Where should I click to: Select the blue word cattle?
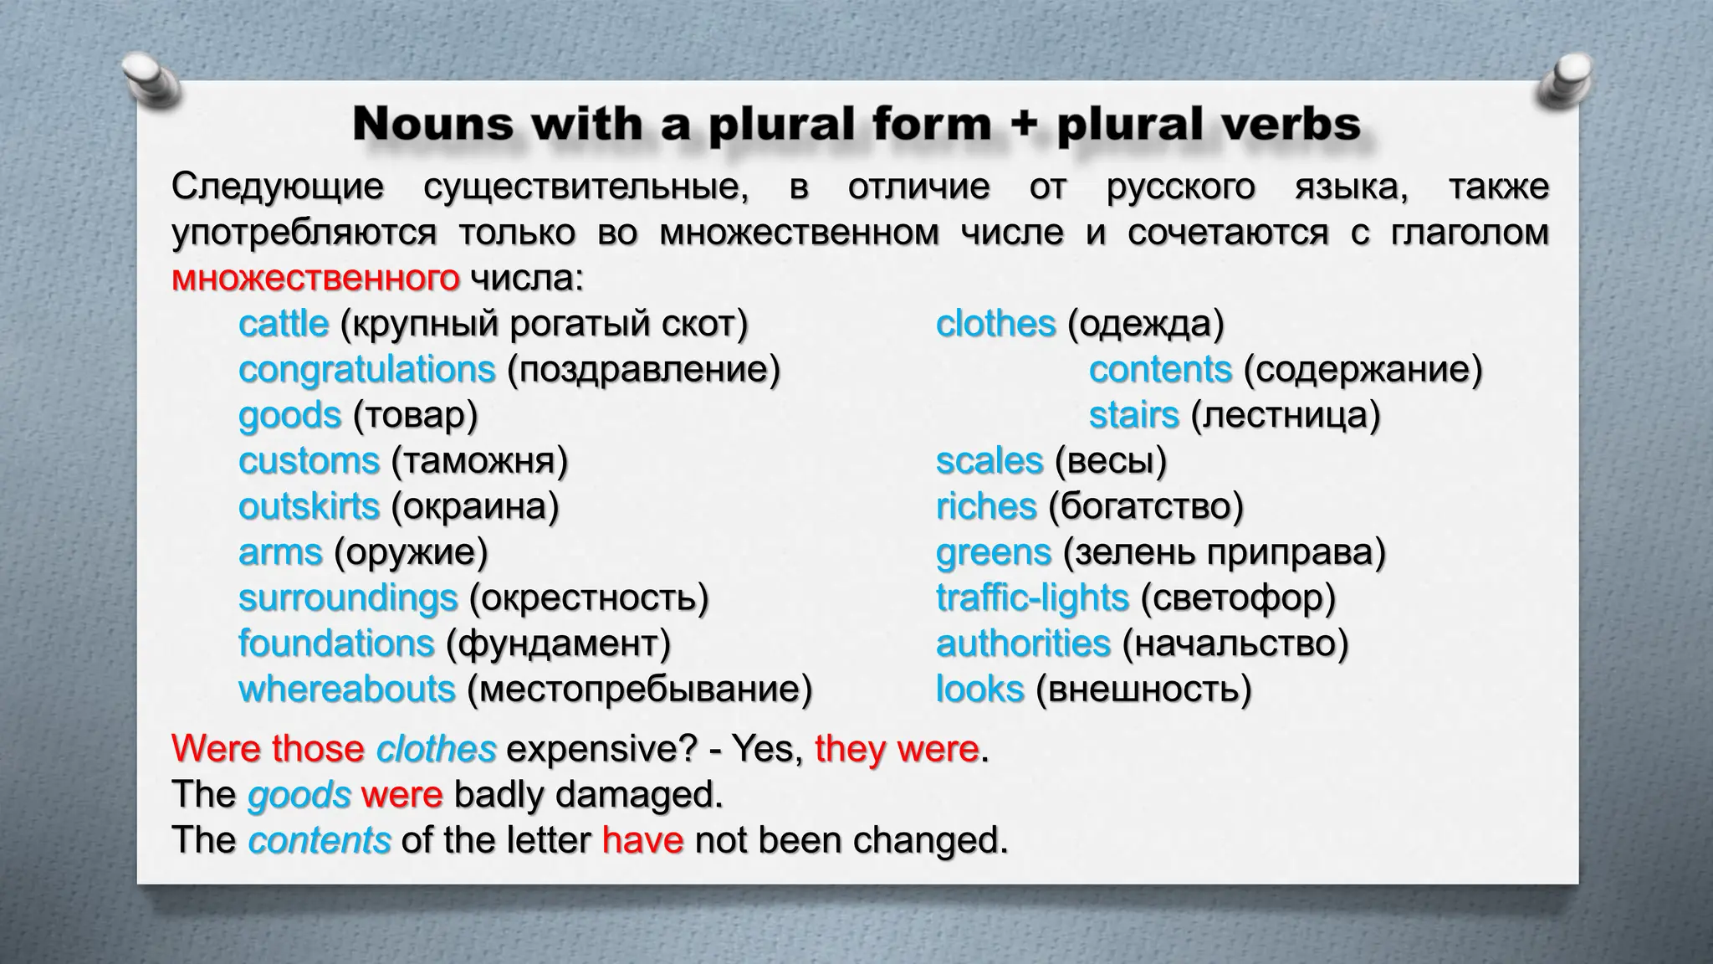(x=284, y=324)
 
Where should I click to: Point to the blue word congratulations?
(x=366, y=370)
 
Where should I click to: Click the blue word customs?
(x=309, y=461)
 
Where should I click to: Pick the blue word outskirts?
(x=309, y=507)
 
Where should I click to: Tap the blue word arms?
(x=280, y=552)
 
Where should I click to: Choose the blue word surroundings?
(x=348, y=598)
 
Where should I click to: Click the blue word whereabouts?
(x=346, y=690)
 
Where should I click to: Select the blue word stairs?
(x=1133, y=415)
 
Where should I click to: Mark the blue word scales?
(x=989, y=461)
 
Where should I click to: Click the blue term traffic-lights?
(x=1032, y=598)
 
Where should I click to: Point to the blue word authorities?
(x=1023, y=644)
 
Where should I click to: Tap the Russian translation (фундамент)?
(x=559, y=644)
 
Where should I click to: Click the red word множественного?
(x=315, y=278)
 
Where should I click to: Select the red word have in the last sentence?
(x=642, y=840)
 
